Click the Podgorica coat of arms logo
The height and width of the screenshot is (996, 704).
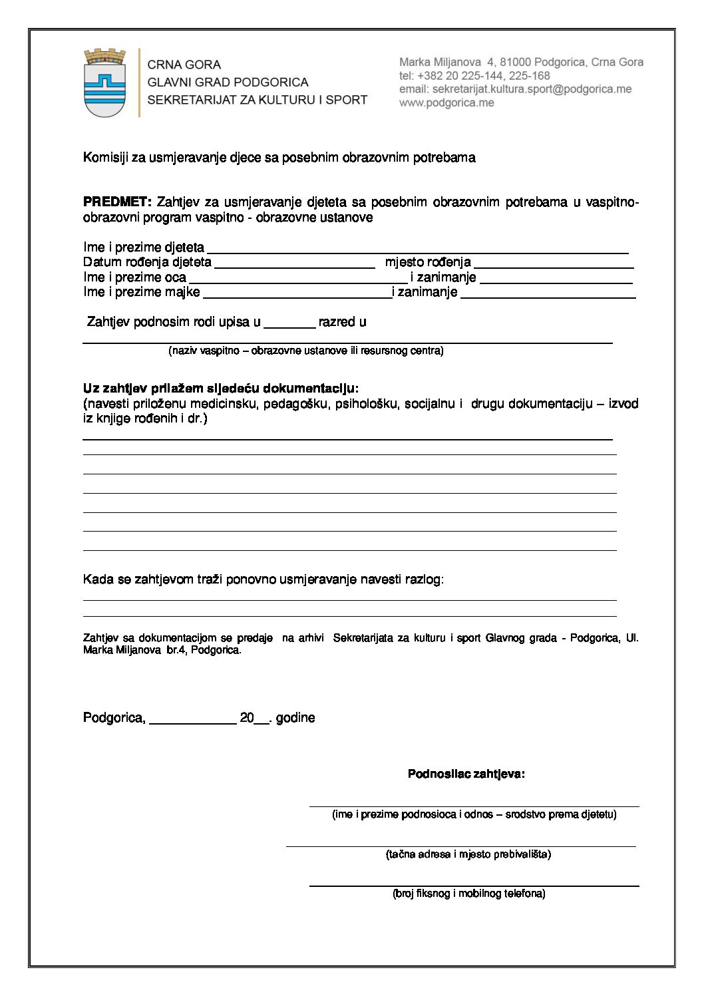[x=104, y=83]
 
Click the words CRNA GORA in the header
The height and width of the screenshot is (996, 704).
[x=184, y=65]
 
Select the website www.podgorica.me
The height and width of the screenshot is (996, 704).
[x=446, y=103]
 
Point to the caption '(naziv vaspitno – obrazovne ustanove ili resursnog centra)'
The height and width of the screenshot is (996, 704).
[x=305, y=351]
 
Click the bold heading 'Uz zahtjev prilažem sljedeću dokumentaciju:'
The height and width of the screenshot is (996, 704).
[x=220, y=388]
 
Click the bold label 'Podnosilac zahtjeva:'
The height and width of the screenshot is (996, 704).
[x=466, y=774]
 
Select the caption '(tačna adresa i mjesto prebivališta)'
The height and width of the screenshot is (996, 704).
[x=468, y=854]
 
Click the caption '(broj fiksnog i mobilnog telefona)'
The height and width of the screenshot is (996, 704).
[x=468, y=894]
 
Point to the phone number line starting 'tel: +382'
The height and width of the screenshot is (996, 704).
[x=474, y=76]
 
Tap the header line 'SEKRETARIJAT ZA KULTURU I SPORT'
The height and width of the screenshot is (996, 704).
[x=257, y=100]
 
